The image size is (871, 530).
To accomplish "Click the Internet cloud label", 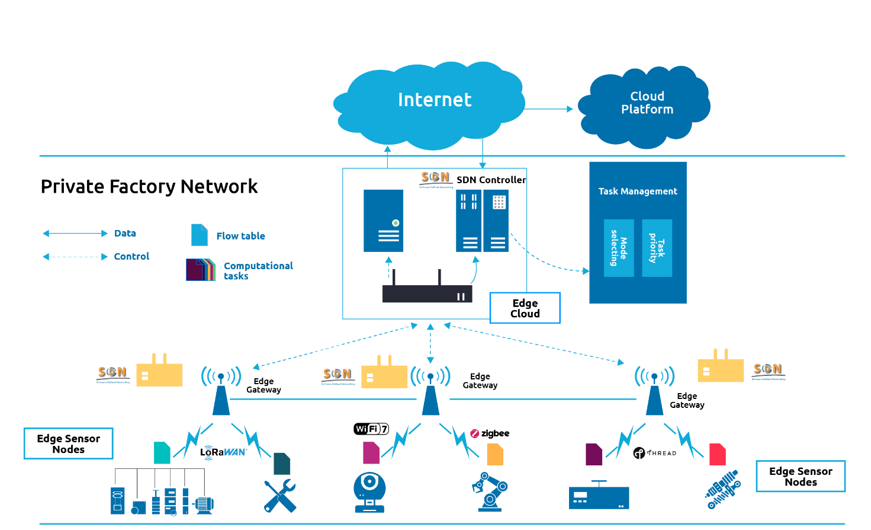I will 435,100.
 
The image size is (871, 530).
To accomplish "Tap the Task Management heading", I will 638,191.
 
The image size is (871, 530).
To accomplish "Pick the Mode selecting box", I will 619,248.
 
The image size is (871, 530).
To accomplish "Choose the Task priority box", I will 657,248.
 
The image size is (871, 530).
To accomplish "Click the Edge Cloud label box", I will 525,308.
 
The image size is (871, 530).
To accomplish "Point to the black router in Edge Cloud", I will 427,293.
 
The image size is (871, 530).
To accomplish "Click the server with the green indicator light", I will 384,221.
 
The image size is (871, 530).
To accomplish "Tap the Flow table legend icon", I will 199,235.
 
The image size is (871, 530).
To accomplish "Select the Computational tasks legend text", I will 258,271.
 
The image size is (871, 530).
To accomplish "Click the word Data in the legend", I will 125,234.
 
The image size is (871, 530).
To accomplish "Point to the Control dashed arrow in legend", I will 75,257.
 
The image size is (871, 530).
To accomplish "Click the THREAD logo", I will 655,453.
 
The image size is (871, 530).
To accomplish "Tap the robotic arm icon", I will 490,492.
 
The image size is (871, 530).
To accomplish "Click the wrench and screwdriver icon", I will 279,496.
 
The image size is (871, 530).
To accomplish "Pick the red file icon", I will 717,454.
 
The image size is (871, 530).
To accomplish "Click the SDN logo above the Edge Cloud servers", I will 435,178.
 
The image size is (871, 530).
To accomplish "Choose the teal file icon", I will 162,453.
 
